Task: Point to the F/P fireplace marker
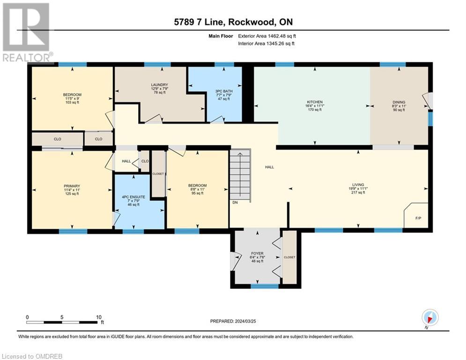point(418,218)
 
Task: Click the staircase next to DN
point(240,176)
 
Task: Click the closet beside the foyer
point(289,257)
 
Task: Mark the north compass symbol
point(429,317)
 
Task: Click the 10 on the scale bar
point(99,317)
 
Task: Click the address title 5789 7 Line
point(233,22)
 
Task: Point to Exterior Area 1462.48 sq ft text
point(266,36)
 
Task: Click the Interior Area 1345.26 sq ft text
point(266,44)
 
